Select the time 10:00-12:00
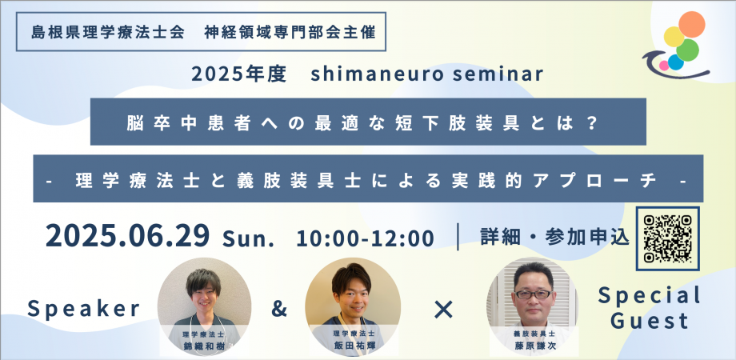click(365, 238)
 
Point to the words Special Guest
click(650, 308)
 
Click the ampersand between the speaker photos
click(278, 308)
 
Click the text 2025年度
click(238, 74)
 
